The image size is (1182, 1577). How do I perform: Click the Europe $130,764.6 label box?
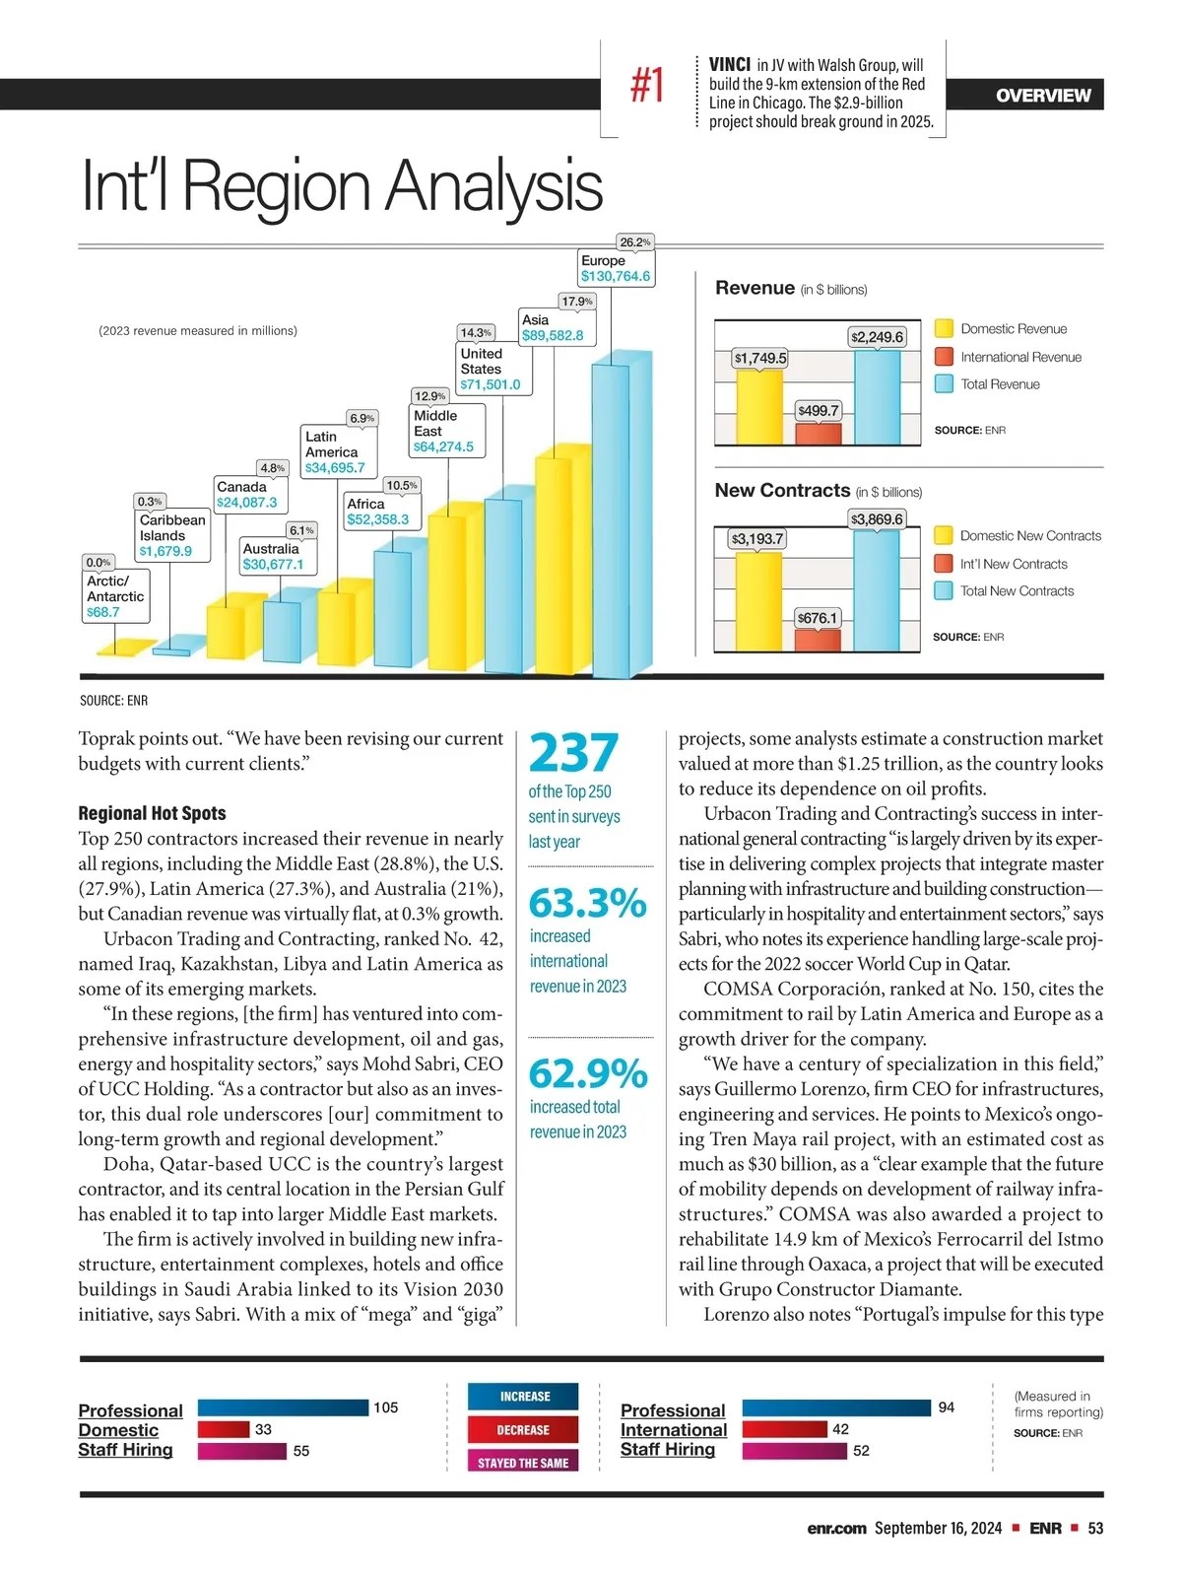tap(616, 268)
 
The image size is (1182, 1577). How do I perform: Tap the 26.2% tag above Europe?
tap(634, 242)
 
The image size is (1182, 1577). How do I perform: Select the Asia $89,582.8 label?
tap(553, 327)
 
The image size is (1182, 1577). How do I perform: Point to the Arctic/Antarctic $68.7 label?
tap(115, 596)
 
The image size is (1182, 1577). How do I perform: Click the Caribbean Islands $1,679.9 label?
tap(172, 535)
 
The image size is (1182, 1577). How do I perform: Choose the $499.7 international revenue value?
tap(819, 410)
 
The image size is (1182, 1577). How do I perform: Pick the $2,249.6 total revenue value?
tap(877, 337)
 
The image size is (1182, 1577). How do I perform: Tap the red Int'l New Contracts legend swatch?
tap(944, 564)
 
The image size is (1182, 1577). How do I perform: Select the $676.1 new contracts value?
tap(818, 618)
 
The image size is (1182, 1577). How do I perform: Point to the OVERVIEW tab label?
tap(1043, 96)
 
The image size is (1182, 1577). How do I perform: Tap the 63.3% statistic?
tap(588, 903)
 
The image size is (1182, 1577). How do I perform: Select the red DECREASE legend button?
tap(523, 1429)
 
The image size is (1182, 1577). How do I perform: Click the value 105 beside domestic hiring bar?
tap(386, 1407)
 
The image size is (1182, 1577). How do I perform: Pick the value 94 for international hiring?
tap(947, 1407)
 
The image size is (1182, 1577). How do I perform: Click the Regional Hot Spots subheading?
tap(152, 813)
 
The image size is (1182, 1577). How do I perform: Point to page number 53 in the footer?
tap(1095, 1528)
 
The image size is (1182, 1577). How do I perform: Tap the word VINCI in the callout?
tap(730, 65)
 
